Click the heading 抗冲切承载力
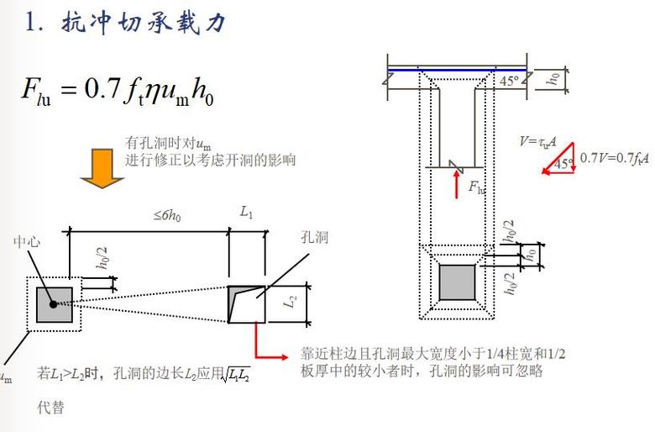click(x=144, y=24)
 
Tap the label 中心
click(x=26, y=242)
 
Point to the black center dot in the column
click(x=54, y=303)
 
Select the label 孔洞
click(x=314, y=239)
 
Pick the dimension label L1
click(x=247, y=213)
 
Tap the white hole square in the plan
click(x=247, y=303)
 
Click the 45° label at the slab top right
click(x=509, y=82)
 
